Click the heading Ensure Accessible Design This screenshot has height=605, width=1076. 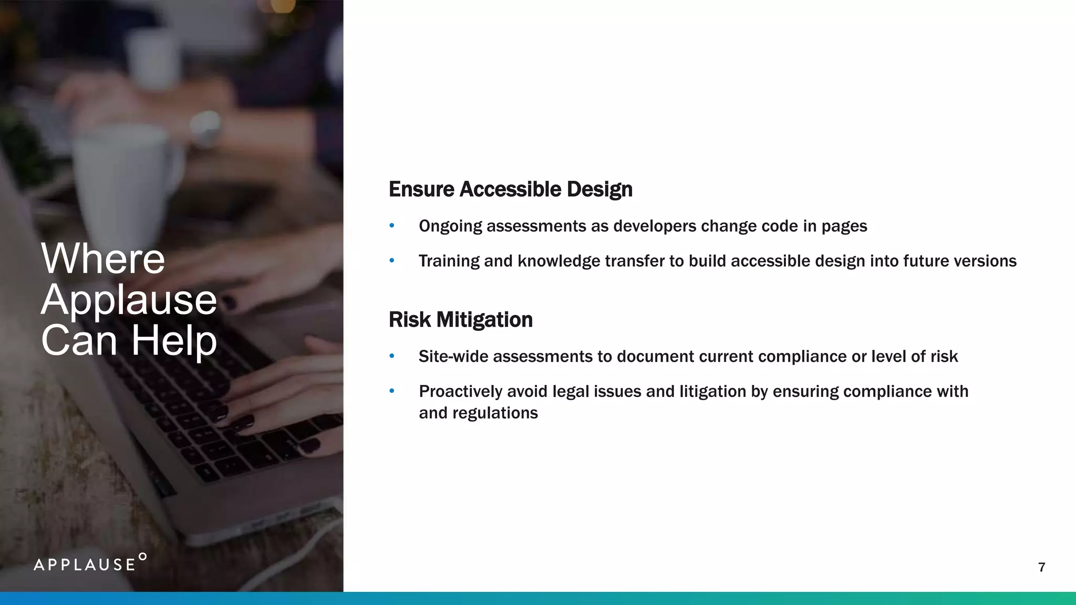click(510, 190)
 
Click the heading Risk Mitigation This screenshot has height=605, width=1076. click(460, 320)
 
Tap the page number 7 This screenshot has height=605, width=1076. click(1041, 567)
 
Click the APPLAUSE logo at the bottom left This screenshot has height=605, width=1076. click(90, 563)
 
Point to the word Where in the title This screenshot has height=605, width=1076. click(103, 259)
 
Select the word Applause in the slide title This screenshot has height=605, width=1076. click(129, 300)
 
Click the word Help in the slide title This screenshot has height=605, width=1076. click(174, 340)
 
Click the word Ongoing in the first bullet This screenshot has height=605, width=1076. click(450, 226)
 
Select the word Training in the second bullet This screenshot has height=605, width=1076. click(449, 261)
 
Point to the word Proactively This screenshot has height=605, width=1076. click(460, 391)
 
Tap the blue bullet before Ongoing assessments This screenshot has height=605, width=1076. click(391, 226)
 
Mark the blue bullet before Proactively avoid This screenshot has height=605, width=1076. click(391, 391)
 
